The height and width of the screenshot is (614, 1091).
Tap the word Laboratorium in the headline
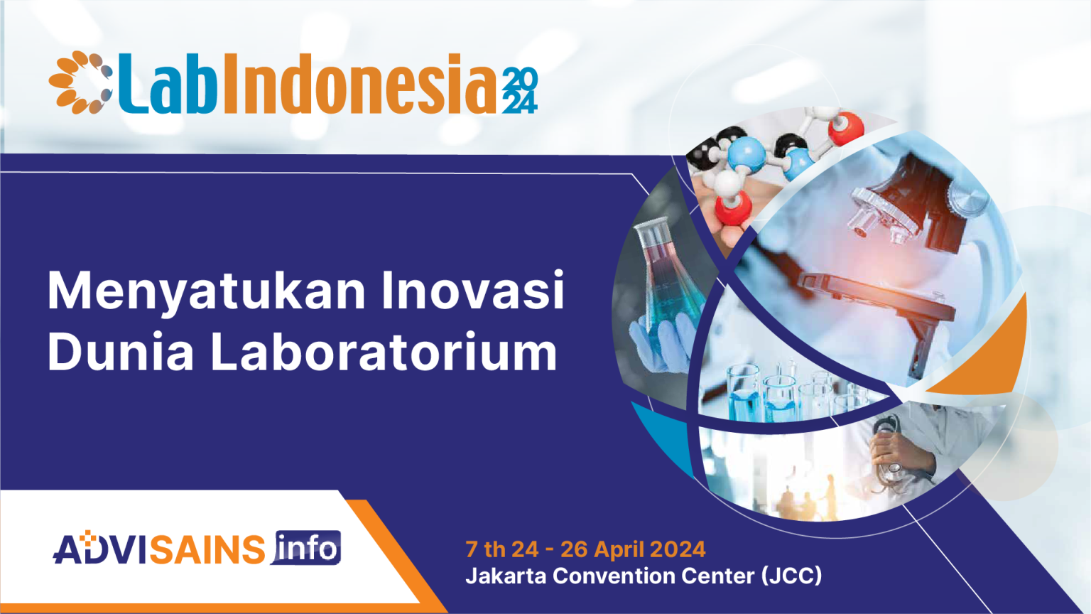tap(384, 352)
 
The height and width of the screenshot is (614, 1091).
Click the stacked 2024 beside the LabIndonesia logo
tap(520, 91)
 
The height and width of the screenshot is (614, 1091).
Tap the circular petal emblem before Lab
tap(80, 82)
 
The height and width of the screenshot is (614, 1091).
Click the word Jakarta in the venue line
tap(506, 576)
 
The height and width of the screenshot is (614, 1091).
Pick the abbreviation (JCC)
tap(791, 576)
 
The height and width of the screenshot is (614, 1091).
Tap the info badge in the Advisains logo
tap(307, 548)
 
